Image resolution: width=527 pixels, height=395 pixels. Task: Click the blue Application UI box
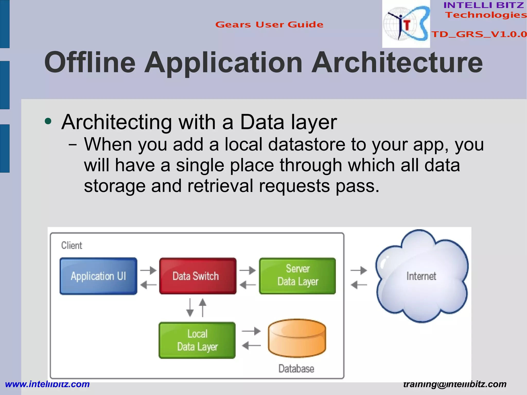[x=98, y=276]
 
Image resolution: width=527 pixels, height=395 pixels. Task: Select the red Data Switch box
[x=198, y=276]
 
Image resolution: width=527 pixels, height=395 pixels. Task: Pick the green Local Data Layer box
[x=197, y=340]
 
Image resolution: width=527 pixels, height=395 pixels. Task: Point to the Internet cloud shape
[x=421, y=276]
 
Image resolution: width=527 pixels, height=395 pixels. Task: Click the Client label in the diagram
[x=72, y=245]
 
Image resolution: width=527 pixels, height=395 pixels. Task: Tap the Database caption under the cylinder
[x=296, y=369]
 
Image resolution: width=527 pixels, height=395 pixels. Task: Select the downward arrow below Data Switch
[x=190, y=308]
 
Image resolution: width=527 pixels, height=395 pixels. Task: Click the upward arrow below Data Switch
[x=203, y=307]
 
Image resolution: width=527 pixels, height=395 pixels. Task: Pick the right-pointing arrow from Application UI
[x=148, y=270]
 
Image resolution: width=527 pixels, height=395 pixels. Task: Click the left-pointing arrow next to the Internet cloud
[x=359, y=285]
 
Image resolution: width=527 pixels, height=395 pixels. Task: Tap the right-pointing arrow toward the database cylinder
[x=251, y=331]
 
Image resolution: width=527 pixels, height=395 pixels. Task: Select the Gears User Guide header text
[x=269, y=25]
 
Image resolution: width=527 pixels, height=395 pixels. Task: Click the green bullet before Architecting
[x=48, y=121]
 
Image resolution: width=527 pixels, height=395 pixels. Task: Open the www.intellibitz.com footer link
[x=47, y=384]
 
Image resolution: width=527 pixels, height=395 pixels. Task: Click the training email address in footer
[x=455, y=384]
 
